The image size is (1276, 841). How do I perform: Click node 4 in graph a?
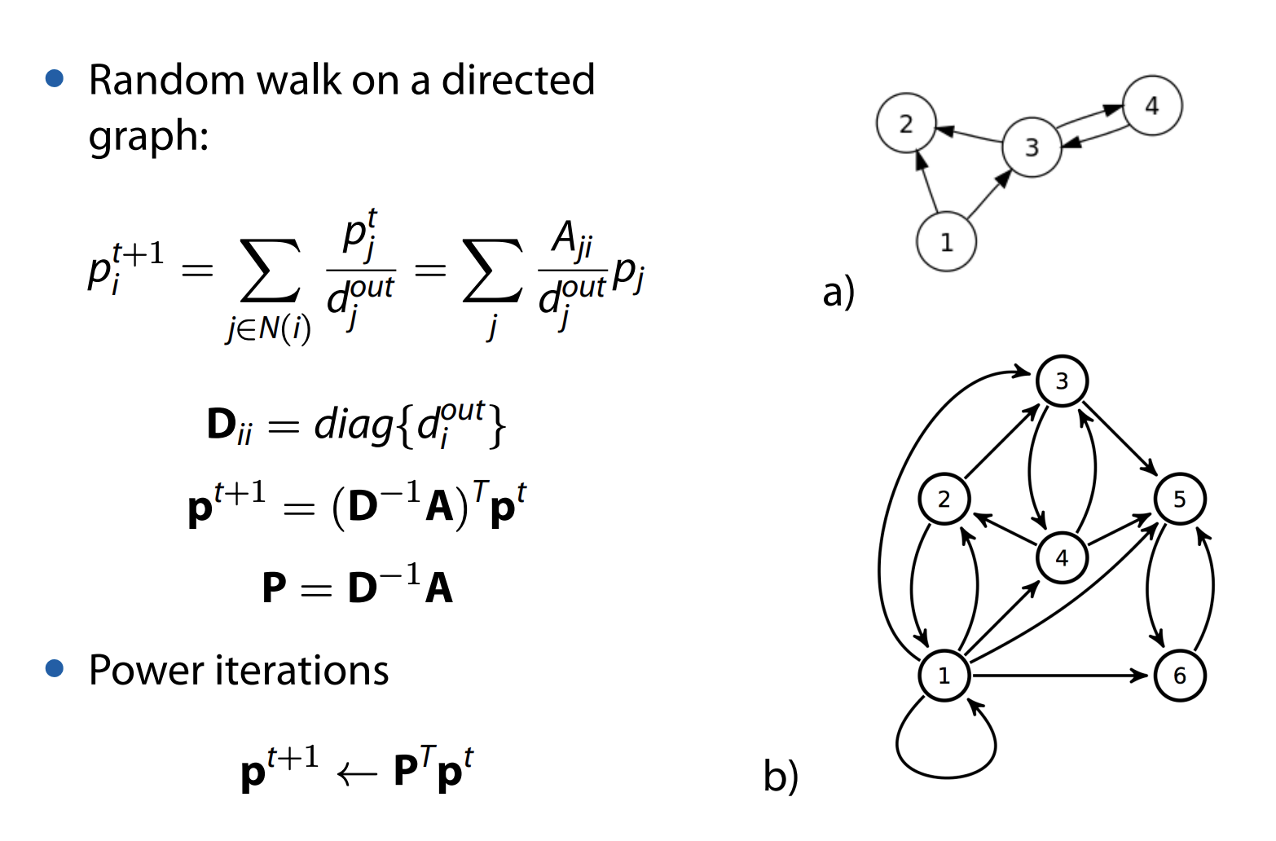(1151, 106)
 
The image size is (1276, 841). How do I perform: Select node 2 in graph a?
(906, 124)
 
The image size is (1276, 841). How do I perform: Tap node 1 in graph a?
(946, 242)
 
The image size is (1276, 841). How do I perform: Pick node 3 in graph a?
(1032, 148)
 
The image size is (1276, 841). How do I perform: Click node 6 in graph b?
(1179, 676)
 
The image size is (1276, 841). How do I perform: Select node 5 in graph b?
(1179, 499)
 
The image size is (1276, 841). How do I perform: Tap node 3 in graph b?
(1062, 381)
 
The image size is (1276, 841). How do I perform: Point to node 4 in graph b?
(1062, 558)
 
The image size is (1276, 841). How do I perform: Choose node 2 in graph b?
(944, 499)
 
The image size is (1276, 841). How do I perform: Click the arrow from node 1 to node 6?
(1059, 676)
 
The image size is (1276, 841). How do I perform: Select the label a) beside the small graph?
(838, 291)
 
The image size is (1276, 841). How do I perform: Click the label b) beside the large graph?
(781, 775)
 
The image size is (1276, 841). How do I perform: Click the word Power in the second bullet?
(146, 671)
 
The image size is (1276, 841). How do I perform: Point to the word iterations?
(301, 671)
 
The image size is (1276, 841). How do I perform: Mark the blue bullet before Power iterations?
(55, 669)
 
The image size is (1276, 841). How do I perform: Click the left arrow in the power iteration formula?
(357, 773)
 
